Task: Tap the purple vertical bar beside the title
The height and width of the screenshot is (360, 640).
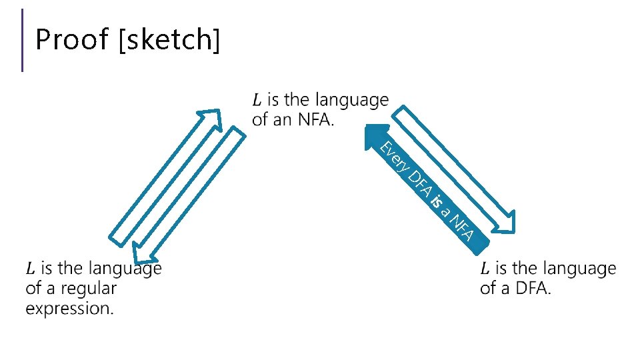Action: [x=23, y=39]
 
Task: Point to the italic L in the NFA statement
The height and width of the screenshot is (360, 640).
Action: [x=257, y=101]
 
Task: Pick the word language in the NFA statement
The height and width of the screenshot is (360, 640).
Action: [x=351, y=101]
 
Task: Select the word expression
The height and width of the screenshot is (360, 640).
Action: [x=69, y=309]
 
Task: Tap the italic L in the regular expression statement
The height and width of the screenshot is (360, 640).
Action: [x=30, y=269]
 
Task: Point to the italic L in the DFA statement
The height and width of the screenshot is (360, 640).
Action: [x=485, y=269]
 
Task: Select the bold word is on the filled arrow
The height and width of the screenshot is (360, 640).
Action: [x=437, y=201]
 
